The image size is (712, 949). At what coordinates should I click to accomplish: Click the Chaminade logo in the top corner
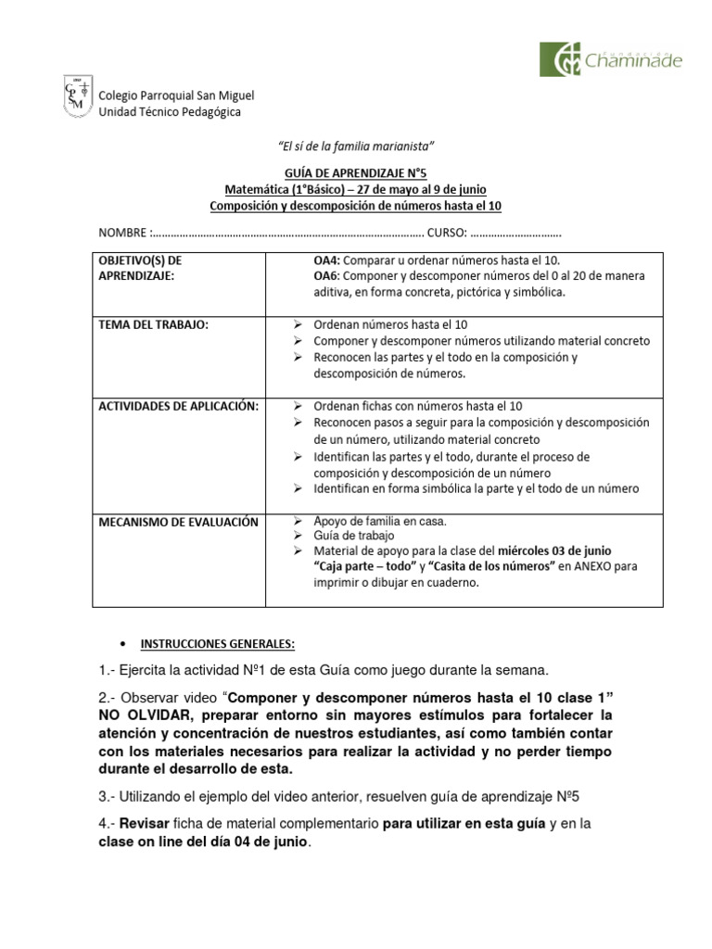611,59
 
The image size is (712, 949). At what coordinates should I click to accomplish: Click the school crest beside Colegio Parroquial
78,96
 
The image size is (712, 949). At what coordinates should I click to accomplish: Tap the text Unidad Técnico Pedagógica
169,112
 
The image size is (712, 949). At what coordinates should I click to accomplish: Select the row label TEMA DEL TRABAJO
153,324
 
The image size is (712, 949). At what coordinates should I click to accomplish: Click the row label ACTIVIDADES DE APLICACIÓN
178,406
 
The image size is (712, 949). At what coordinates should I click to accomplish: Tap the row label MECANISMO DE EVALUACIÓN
178,523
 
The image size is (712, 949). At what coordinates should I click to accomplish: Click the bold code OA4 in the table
327,260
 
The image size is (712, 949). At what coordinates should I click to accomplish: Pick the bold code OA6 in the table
327,276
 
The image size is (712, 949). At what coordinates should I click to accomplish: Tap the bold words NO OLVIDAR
145,715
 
